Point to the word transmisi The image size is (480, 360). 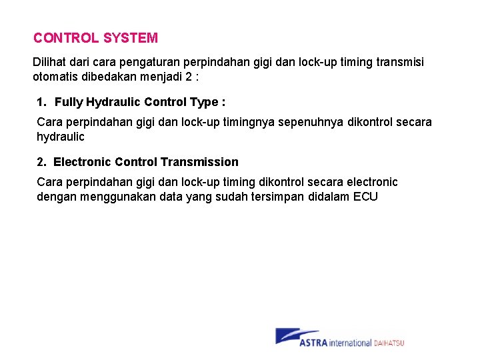[399, 62]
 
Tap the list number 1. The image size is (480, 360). [41, 102]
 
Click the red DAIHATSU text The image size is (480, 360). [389, 343]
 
